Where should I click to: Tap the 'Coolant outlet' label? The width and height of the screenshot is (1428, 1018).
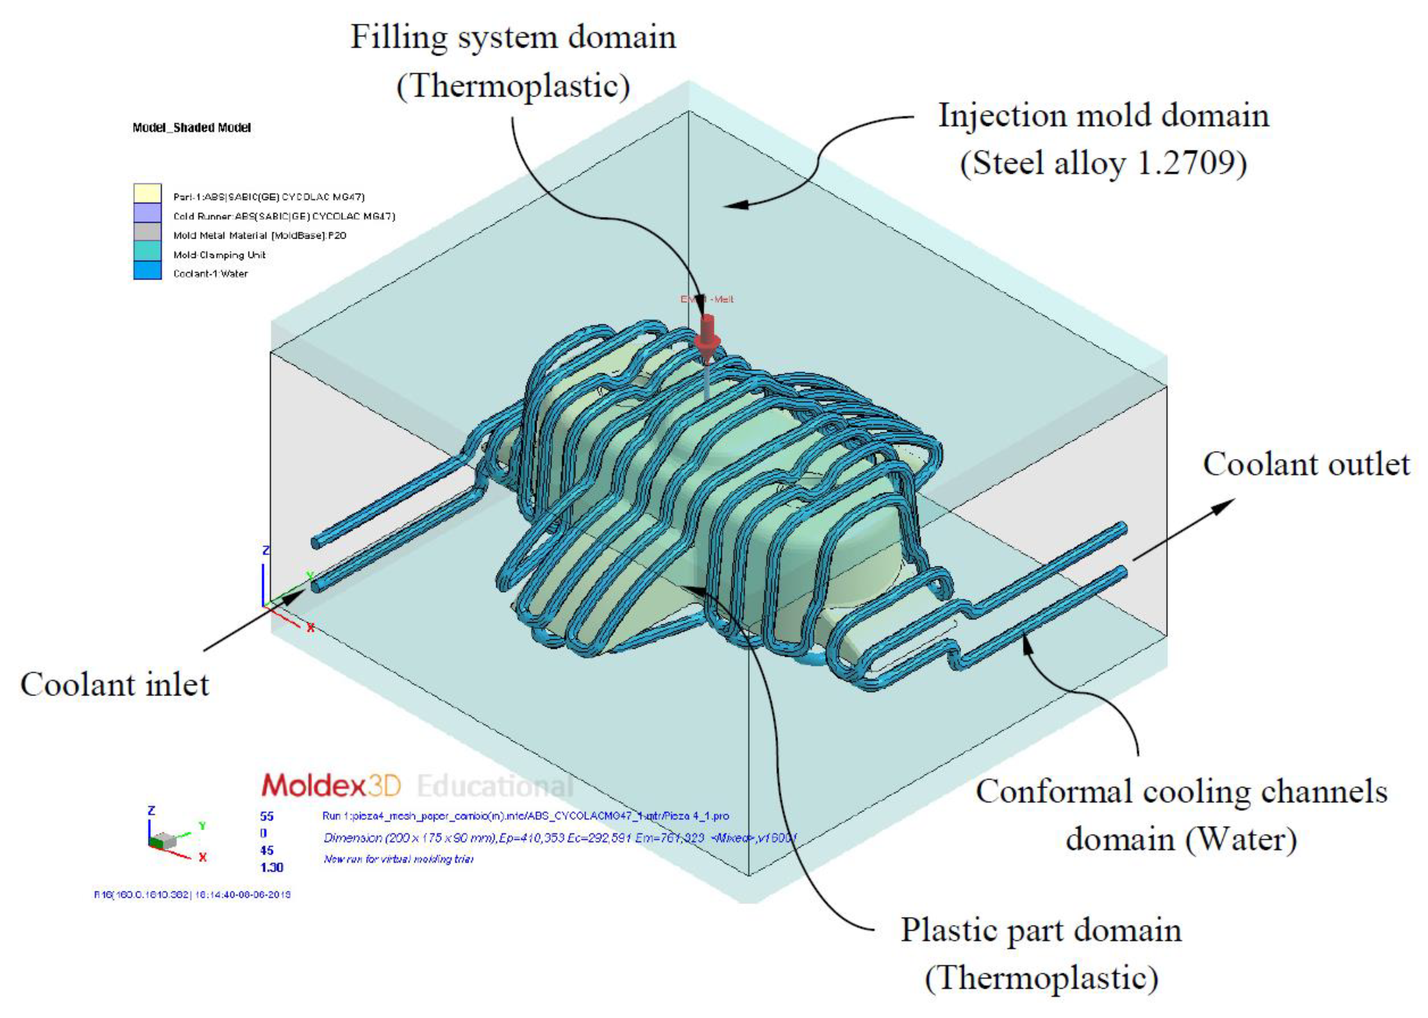1306,465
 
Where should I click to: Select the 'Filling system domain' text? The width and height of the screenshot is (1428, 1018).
513,37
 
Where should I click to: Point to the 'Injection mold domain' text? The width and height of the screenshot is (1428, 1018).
1103,116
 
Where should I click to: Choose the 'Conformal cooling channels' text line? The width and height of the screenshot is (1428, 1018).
1181,791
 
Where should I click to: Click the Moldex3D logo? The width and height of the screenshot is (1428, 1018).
330,785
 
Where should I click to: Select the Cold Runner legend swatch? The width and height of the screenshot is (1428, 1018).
147,213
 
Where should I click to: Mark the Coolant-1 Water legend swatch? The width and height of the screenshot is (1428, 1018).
147,271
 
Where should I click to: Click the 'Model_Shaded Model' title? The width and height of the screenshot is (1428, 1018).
191,128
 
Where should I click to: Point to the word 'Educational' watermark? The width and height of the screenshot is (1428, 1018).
495,785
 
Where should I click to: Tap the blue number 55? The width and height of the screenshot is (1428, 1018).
267,816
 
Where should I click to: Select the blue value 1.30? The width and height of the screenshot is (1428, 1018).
271,867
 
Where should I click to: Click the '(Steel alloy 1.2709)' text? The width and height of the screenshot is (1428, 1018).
1103,164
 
